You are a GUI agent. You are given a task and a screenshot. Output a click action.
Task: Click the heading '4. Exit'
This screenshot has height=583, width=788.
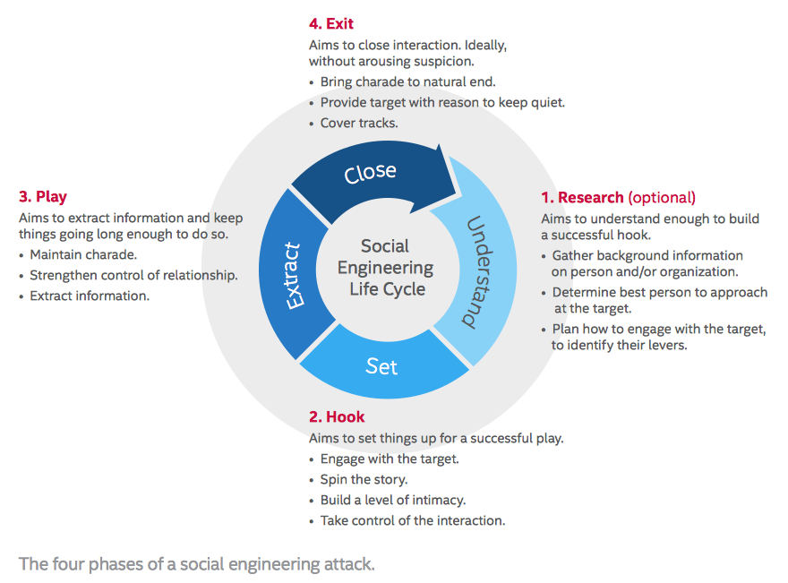(x=331, y=23)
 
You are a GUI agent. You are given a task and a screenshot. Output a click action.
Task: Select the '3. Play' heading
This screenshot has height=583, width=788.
(x=43, y=196)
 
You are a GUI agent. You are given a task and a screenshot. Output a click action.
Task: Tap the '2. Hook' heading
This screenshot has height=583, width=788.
(x=337, y=416)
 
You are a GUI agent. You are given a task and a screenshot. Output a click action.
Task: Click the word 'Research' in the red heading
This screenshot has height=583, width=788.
(x=590, y=198)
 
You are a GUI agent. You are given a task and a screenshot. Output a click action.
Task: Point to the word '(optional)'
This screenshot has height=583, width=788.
(x=662, y=198)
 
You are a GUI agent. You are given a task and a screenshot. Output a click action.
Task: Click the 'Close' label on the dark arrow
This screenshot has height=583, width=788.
(x=371, y=173)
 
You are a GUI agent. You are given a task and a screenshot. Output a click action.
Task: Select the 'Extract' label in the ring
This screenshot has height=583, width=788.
(x=293, y=276)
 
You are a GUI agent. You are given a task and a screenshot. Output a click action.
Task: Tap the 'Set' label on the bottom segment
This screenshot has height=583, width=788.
(x=381, y=366)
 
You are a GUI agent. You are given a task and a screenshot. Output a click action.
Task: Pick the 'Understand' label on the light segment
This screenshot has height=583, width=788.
(x=479, y=272)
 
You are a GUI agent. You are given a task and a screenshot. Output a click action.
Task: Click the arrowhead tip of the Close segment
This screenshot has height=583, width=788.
(x=456, y=193)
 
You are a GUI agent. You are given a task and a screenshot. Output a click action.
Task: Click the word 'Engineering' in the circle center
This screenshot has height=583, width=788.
(x=385, y=269)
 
